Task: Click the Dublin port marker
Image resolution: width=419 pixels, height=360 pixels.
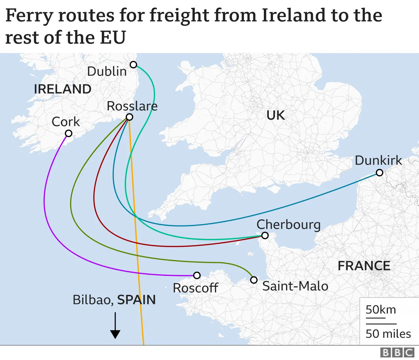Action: pos(133,64)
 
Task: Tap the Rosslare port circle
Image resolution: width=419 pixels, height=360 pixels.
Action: pos(129,117)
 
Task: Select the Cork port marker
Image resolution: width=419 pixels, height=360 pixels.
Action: pos(68,133)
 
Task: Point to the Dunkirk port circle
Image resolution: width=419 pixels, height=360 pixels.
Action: pos(379,172)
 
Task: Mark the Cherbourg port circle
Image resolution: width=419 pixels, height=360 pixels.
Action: pos(265,235)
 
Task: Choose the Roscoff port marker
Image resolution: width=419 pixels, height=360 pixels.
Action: pos(197,275)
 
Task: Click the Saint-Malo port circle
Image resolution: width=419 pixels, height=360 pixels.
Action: pos(254,280)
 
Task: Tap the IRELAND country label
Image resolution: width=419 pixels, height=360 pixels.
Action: pos(63,89)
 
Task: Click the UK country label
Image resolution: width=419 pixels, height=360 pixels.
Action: pos(276,115)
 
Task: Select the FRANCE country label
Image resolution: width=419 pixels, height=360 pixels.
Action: pos(364,266)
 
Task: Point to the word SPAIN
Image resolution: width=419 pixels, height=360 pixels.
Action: pos(136,300)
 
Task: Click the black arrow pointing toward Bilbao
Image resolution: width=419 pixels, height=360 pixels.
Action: pos(115,325)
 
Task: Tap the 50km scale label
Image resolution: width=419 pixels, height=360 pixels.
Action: pos(381,310)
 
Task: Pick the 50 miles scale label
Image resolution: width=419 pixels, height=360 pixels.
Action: pos(388,333)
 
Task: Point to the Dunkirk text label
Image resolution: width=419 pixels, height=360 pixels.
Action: pos(378,160)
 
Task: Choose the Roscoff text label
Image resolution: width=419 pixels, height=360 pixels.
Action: pos(195,288)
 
